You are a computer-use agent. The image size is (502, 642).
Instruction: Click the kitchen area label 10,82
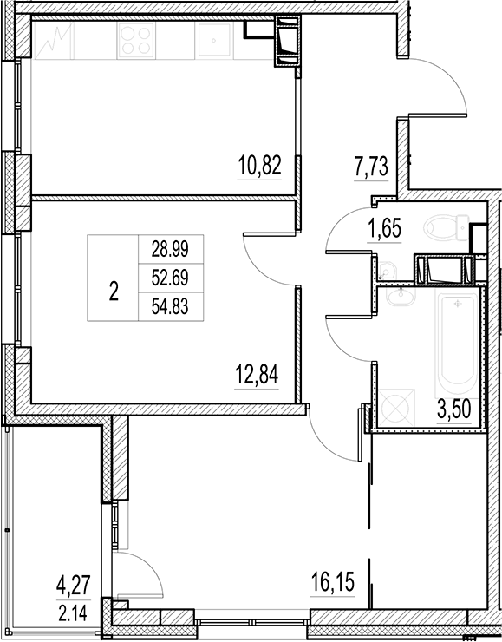point(260,164)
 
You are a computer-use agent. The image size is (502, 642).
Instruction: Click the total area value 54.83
point(170,306)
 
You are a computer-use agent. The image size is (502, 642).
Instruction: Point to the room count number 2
point(114,292)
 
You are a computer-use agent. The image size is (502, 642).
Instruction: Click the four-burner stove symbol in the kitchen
point(136,40)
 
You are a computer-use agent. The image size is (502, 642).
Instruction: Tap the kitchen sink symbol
point(212,41)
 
